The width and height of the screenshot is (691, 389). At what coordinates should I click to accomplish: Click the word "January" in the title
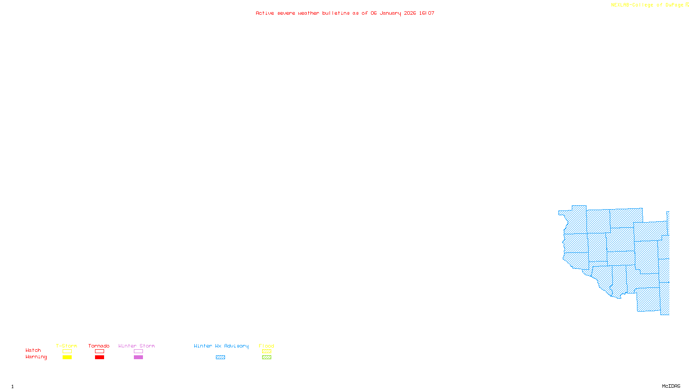(390, 13)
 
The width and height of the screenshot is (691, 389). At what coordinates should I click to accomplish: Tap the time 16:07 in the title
(426, 13)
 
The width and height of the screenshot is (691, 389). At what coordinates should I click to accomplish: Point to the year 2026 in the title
(410, 13)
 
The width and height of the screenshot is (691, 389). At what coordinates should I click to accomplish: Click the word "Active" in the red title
(264, 13)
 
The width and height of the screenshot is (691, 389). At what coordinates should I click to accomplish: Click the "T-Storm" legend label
(67, 346)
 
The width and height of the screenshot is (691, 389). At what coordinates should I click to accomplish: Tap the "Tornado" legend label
(99, 346)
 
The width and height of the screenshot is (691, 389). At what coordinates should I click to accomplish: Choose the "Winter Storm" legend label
(136, 346)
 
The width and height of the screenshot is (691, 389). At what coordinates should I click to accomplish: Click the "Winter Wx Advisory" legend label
(221, 346)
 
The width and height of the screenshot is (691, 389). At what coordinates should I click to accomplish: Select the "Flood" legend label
(266, 346)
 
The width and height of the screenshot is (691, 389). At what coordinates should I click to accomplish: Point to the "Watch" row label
(33, 351)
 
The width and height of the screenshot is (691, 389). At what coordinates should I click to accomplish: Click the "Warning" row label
(36, 357)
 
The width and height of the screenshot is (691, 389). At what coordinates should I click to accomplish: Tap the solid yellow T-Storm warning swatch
(67, 357)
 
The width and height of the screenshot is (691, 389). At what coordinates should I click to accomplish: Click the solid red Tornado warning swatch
(99, 357)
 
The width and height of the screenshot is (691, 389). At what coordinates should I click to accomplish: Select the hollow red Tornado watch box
(99, 351)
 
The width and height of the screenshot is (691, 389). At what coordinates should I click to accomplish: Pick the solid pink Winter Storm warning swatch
(138, 357)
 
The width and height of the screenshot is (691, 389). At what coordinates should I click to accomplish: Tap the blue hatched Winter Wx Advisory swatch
(220, 357)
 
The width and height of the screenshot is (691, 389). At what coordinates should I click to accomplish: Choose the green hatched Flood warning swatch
(266, 357)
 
